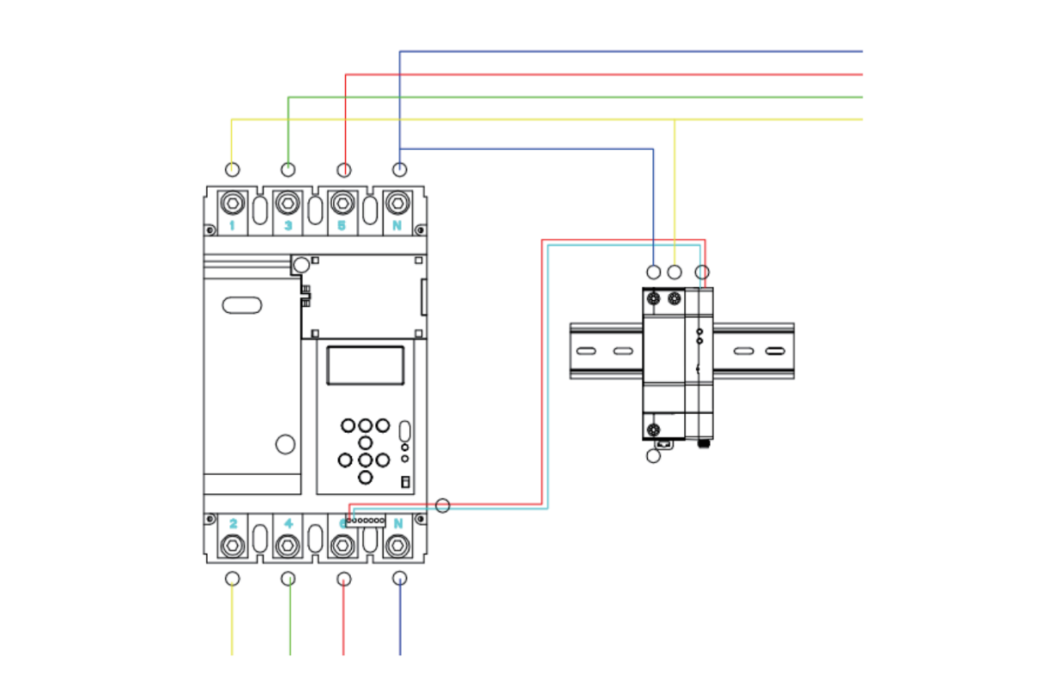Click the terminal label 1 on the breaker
pos(232,226)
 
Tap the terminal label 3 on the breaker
pos(288,226)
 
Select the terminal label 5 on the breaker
pos(342,226)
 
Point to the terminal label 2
pos(233,523)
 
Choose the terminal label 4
pos(288,523)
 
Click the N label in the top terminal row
pos(398,226)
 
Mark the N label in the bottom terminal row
pos(399,523)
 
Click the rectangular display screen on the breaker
pos(365,365)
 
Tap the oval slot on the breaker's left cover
pos(242,304)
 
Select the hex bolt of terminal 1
pos(232,204)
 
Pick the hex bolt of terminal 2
pos(232,545)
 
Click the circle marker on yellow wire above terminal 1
pos(232,169)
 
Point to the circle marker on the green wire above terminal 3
pos(288,169)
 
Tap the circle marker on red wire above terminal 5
pos(344,169)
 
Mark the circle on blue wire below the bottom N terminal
pos(399,579)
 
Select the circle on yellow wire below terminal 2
pos(232,579)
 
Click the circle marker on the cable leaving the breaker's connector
pos(443,505)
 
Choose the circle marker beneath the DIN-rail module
pos(654,455)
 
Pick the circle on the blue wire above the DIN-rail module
pos(654,272)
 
